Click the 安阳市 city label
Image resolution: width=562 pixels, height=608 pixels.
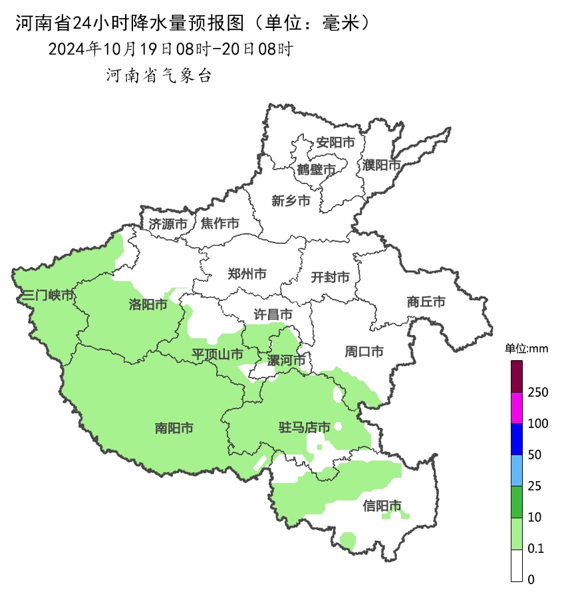pyautogui.click(x=335, y=142)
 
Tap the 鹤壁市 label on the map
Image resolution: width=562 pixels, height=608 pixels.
pyautogui.click(x=316, y=170)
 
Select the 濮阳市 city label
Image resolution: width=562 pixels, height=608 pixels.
pyautogui.click(x=382, y=164)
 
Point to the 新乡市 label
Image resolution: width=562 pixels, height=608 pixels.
pyautogui.click(x=291, y=201)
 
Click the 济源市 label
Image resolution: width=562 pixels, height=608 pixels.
pyautogui.click(x=168, y=224)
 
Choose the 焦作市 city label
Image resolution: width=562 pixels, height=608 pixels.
pyautogui.click(x=220, y=224)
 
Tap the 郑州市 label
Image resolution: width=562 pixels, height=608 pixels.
pyautogui.click(x=247, y=274)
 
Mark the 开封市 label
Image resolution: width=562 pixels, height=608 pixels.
pyautogui.click(x=331, y=277)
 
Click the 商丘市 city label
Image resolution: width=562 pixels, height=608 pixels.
pyautogui.click(x=426, y=302)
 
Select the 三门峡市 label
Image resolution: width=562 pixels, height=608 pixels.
pyautogui.click(x=48, y=295)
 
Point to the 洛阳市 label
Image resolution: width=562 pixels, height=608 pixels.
pyautogui.click(x=148, y=305)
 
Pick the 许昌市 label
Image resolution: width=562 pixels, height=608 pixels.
pyautogui.click(x=273, y=314)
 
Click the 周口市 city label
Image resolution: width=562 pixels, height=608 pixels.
pyautogui.click(x=364, y=352)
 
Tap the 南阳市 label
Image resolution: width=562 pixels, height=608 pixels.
pyautogui.click(x=174, y=429)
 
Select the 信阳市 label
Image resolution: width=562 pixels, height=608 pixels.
pyautogui.click(x=382, y=506)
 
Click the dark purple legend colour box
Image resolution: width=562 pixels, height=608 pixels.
pyautogui.click(x=517, y=377)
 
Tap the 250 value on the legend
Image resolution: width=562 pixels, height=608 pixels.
pyautogui.click(x=537, y=393)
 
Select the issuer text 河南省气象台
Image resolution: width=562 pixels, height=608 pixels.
pyautogui.click(x=159, y=76)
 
